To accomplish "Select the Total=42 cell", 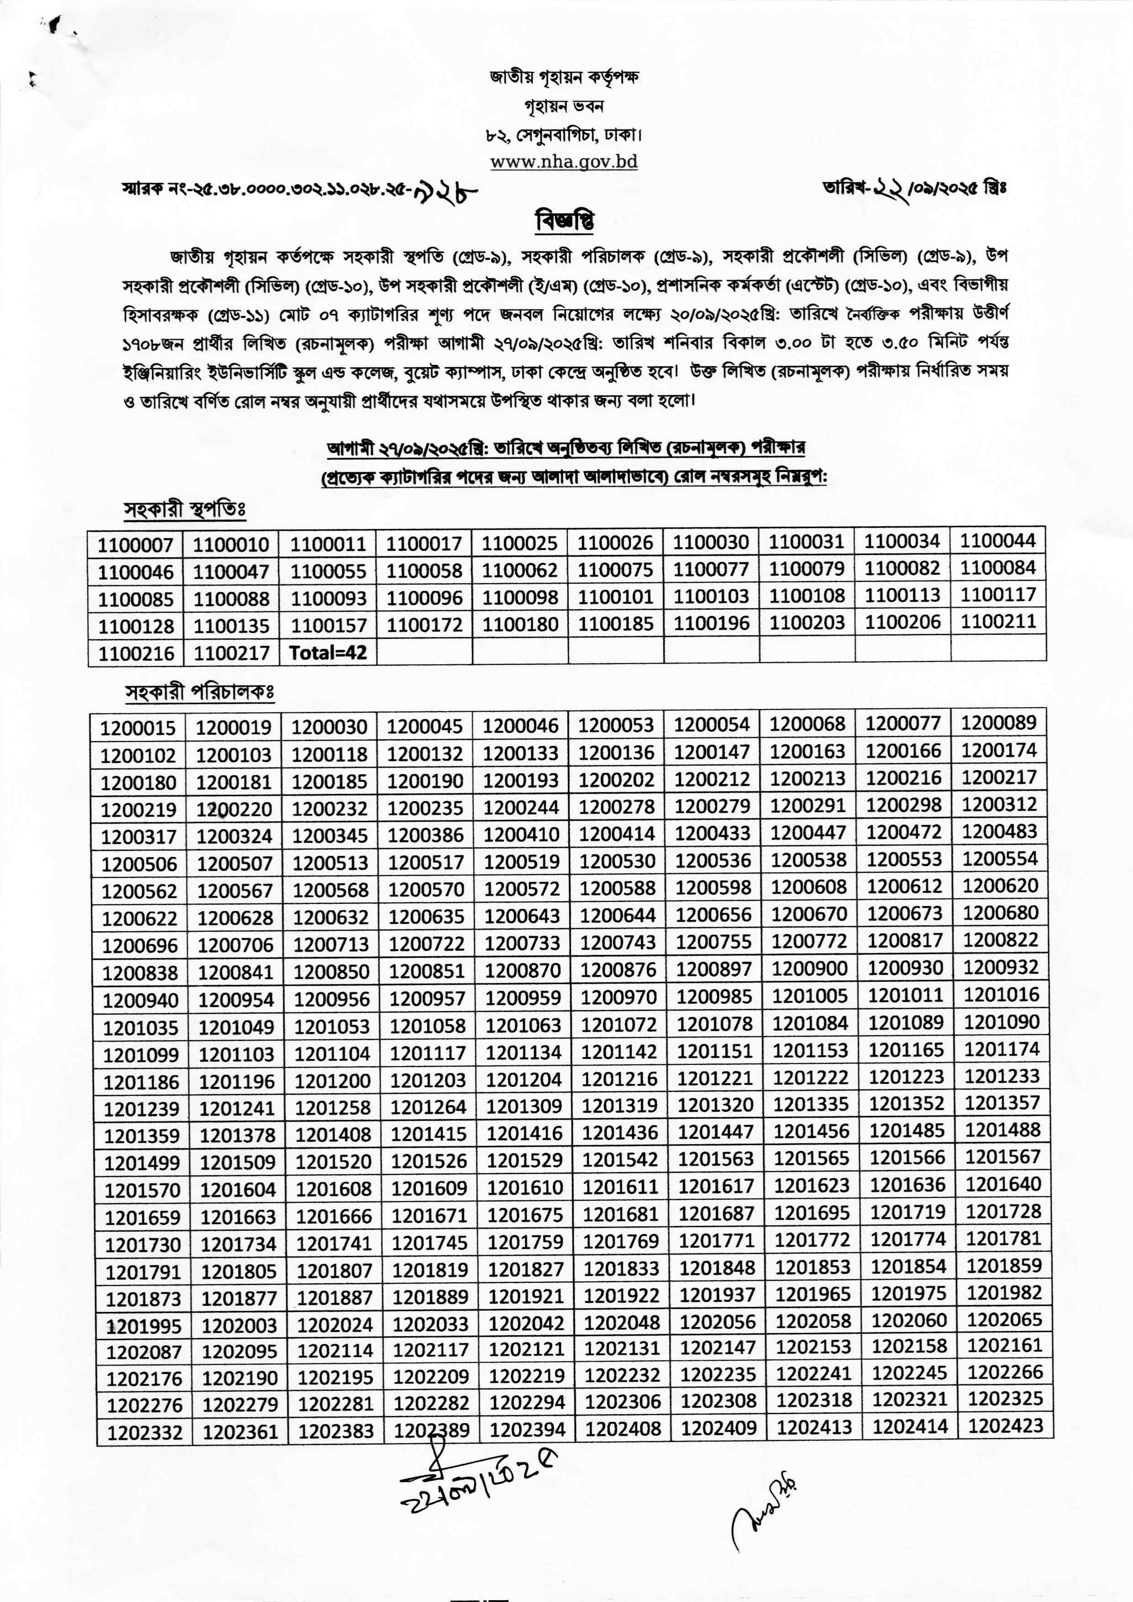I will (x=327, y=653).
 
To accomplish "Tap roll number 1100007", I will (x=135, y=544).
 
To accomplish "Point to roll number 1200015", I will (x=138, y=728).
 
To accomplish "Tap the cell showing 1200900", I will (x=810, y=969).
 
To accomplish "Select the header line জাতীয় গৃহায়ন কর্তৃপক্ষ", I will (x=564, y=77).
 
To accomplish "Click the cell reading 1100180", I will (x=520, y=624).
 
